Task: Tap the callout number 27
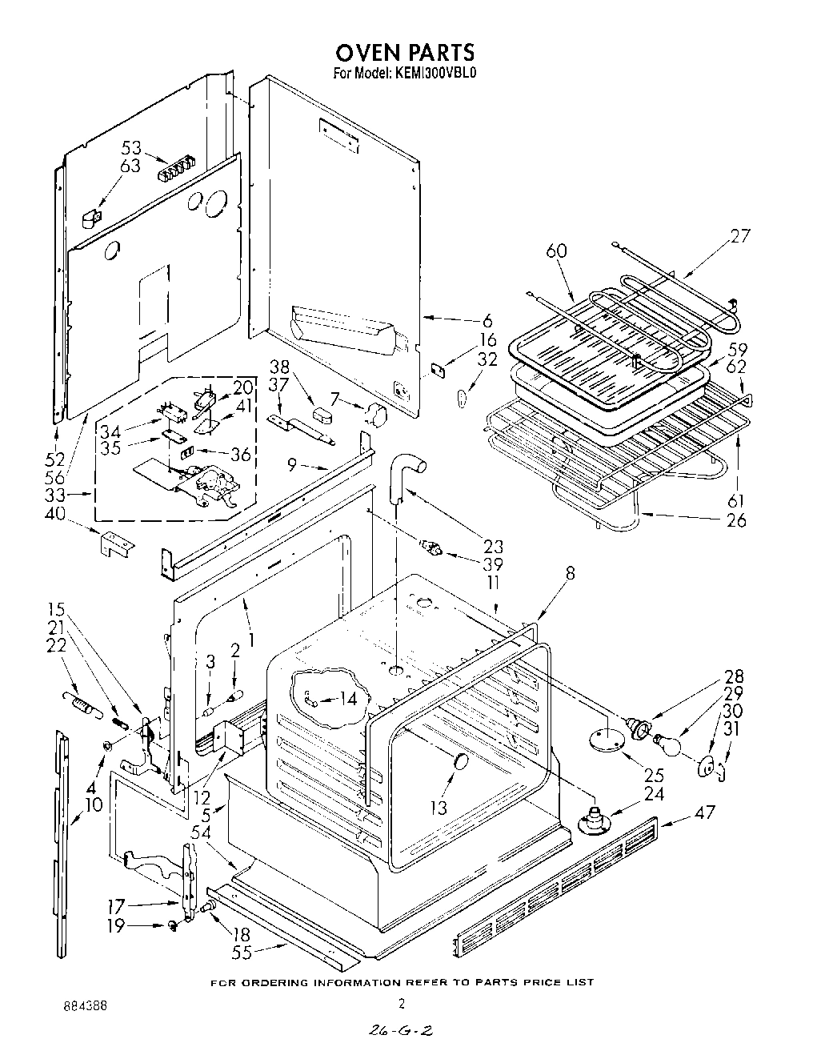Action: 740,236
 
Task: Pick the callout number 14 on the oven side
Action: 347,699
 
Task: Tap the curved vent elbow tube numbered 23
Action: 405,472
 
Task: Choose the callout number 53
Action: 130,148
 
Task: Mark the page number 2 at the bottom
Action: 402,1004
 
